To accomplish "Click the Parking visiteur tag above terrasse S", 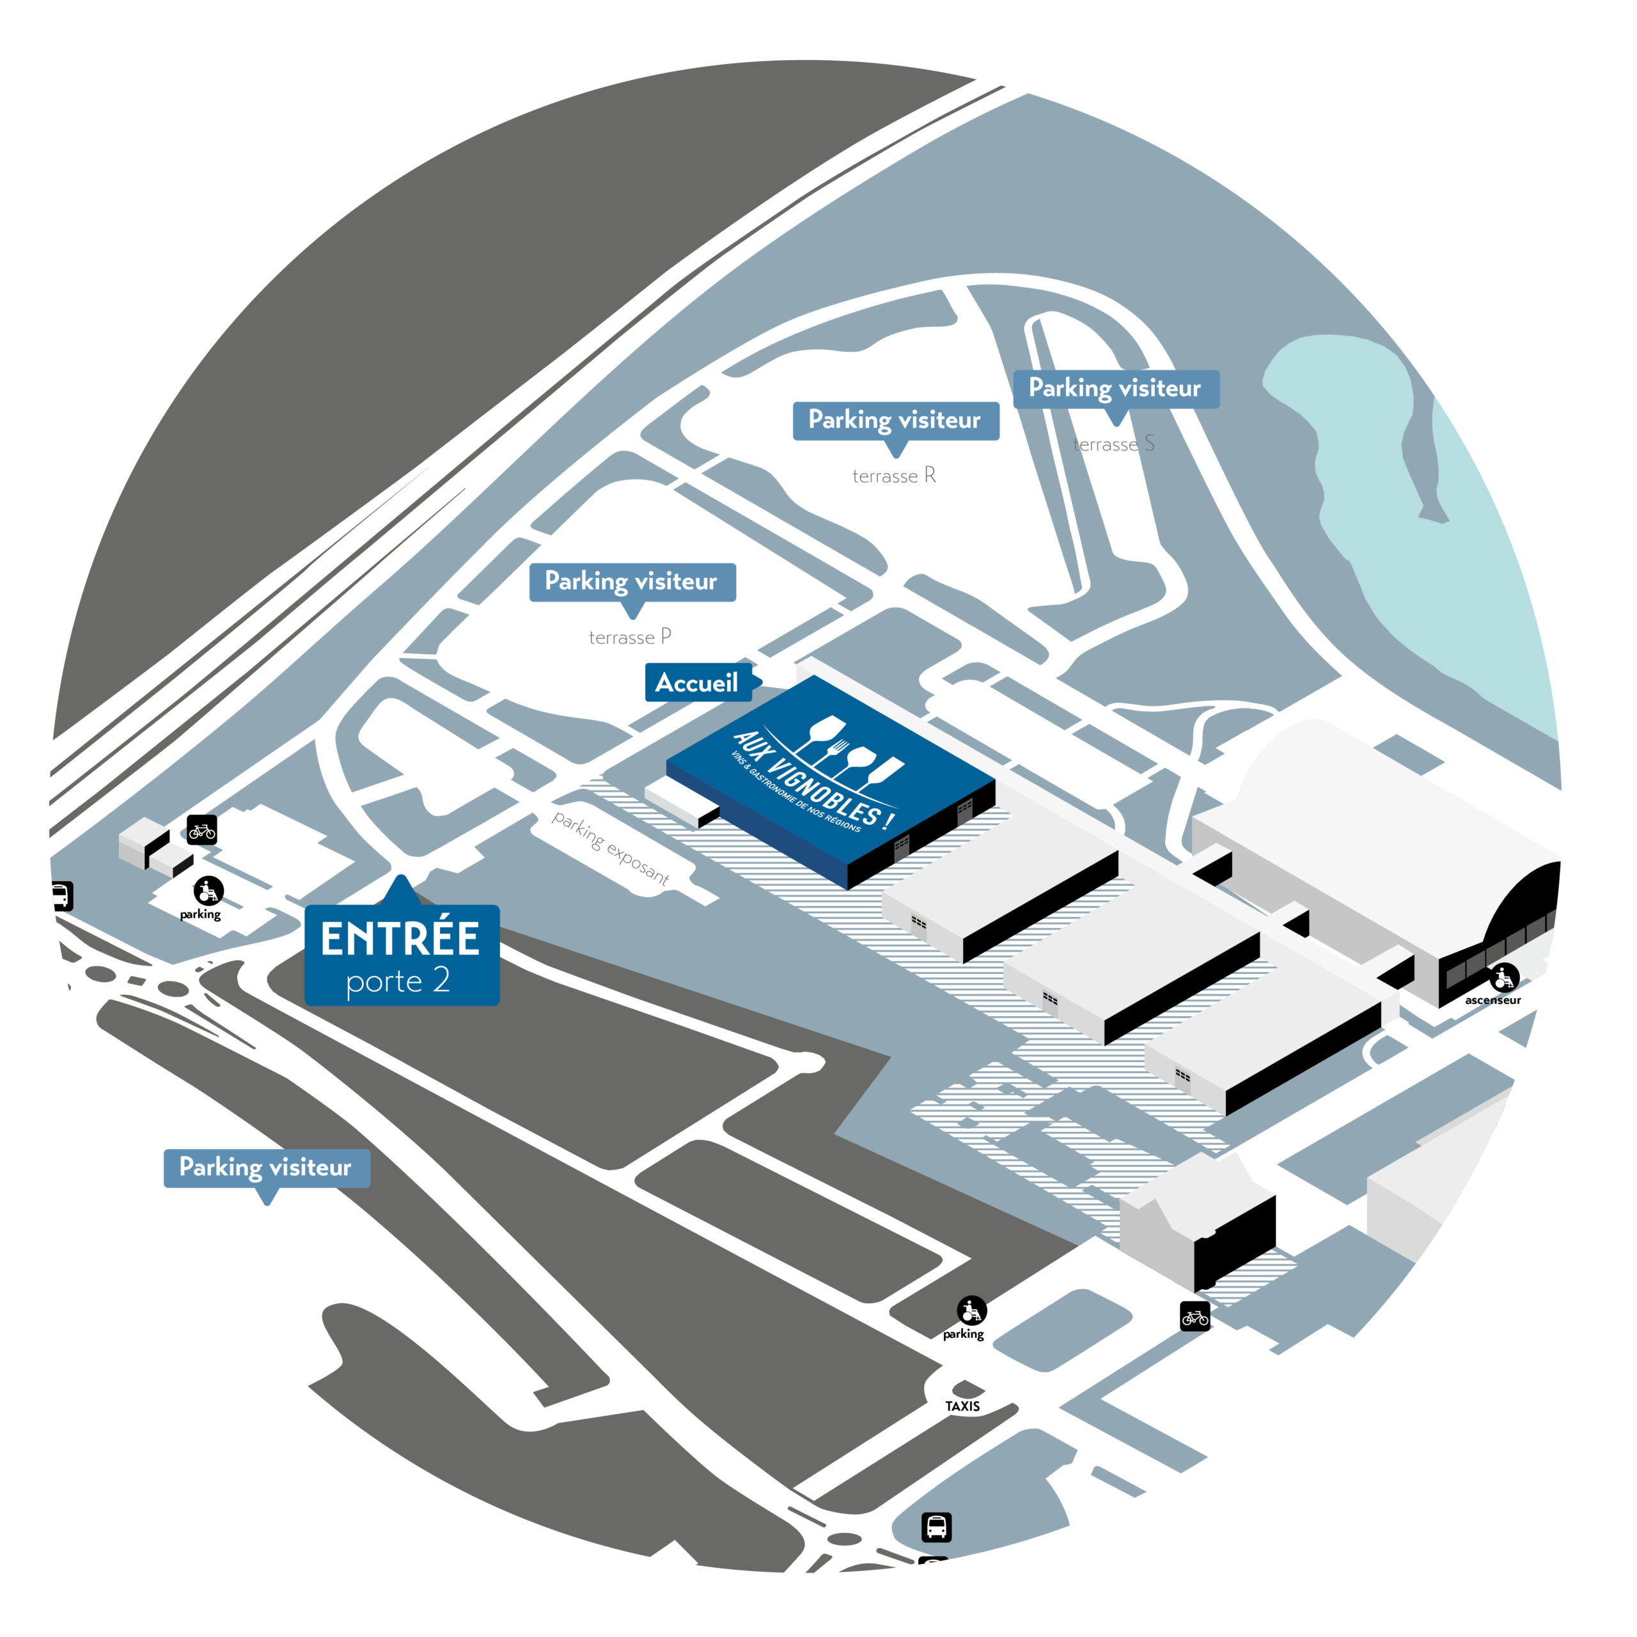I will [1115, 389].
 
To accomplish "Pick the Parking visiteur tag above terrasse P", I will [631, 582].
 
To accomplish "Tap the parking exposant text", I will [610, 847].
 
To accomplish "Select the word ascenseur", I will [1493, 1000].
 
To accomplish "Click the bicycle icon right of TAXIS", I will [1194, 1317].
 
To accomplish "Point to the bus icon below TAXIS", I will [936, 1527].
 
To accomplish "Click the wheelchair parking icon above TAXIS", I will [972, 1311].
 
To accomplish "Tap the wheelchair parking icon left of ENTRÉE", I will [208, 891].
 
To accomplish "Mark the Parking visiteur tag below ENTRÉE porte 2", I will [266, 1168].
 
